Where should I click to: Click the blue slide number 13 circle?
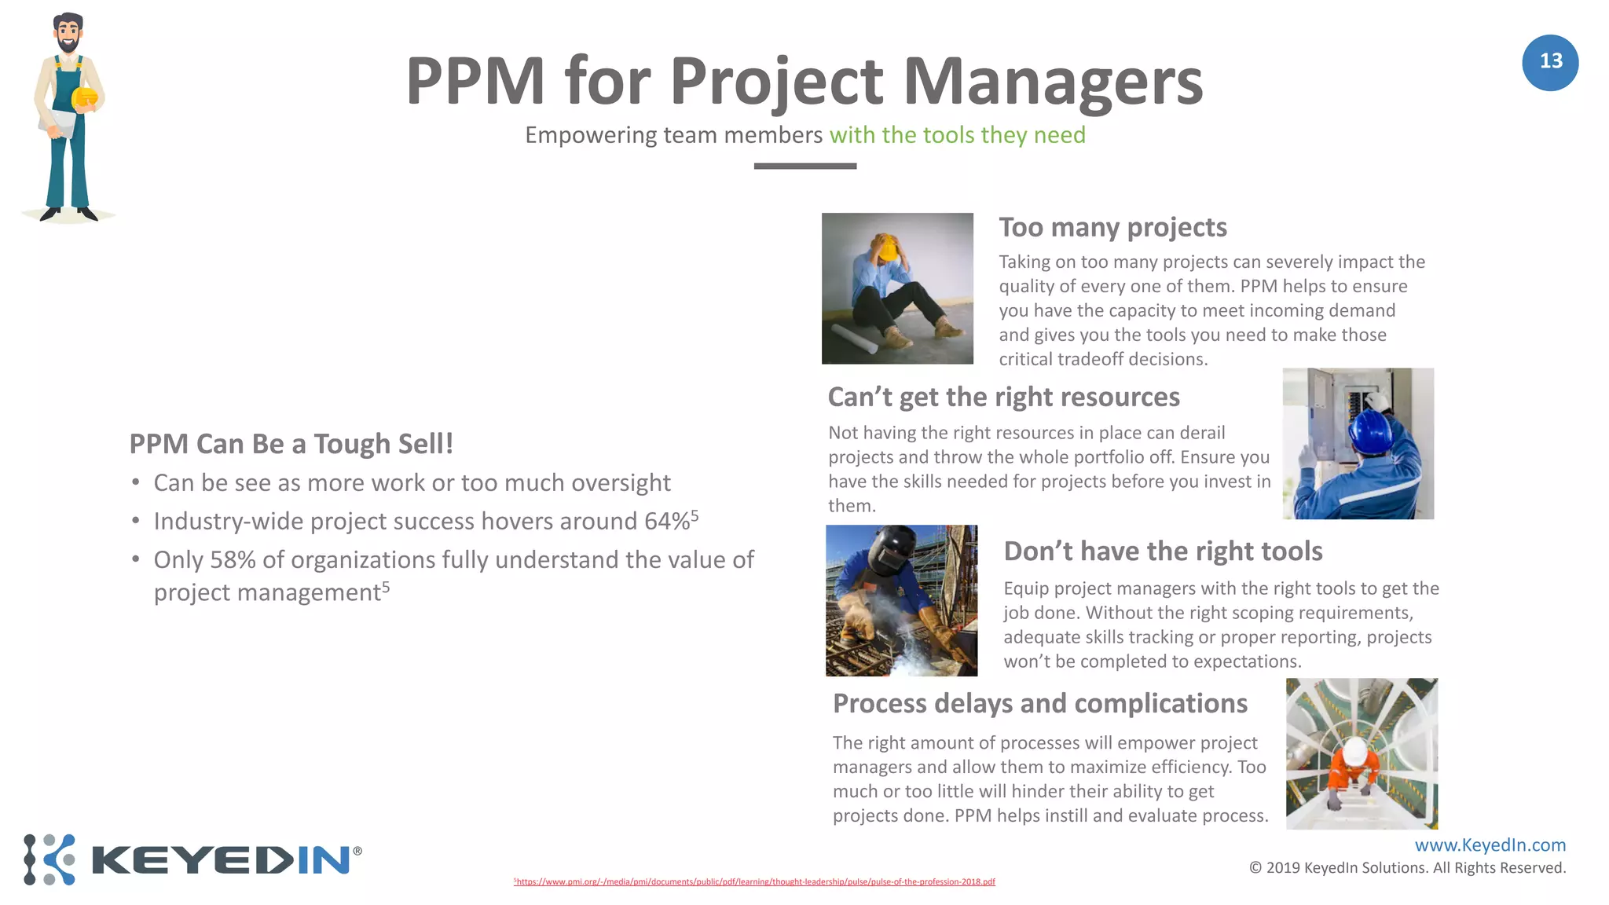pyautogui.click(x=1549, y=62)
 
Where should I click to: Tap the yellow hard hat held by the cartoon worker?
pyautogui.click(x=85, y=98)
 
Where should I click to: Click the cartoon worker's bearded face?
pyautogui.click(x=68, y=35)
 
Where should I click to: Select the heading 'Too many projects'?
pyautogui.click(x=1112, y=228)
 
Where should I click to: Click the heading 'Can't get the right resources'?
pyautogui.click(x=1003, y=398)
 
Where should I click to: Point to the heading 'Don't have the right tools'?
pyautogui.click(x=1163, y=551)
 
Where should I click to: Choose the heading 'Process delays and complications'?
pyautogui.click(x=1039, y=704)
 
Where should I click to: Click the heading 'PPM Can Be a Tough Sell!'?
pyautogui.click(x=291, y=444)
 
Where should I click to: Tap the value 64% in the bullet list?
pyautogui.click(x=667, y=522)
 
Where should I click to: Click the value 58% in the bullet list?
pyautogui.click(x=233, y=560)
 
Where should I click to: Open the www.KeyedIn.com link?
pyautogui.click(x=1490, y=845)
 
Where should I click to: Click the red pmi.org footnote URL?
pyautogui.click(x=754, y=882)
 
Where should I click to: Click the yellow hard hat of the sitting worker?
pyautogui.click(x=888, y=249)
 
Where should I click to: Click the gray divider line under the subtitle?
pyautogui.click(x=804, y=166)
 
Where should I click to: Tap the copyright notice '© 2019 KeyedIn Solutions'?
pyautogui.click(x=1407, y=868)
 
